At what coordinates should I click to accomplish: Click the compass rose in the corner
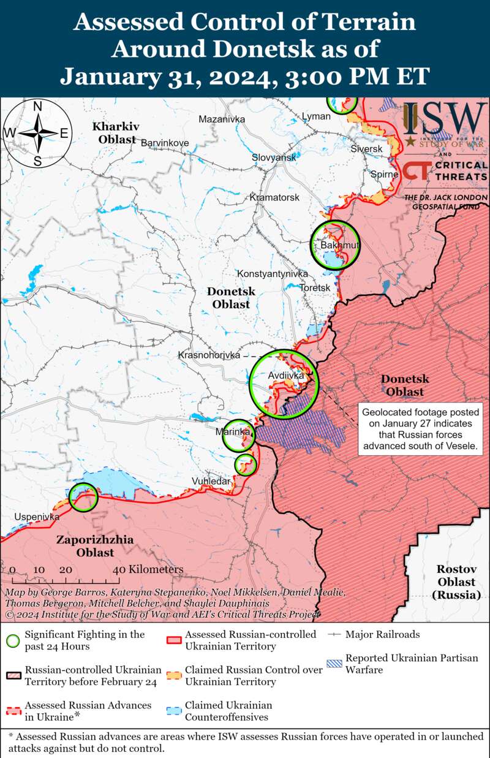click(37, 133)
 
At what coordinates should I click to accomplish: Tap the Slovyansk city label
click(274, 157)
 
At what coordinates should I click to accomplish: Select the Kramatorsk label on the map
click(274, 197)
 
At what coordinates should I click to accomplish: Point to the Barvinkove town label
click(165, 143)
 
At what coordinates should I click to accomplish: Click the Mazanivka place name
click(222, 119)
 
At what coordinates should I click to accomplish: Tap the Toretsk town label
click(315, 287)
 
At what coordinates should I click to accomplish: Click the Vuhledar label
click(211, 481)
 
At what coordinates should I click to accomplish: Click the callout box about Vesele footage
click(419, 429)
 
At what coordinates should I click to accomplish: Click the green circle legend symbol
click(12, 640)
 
